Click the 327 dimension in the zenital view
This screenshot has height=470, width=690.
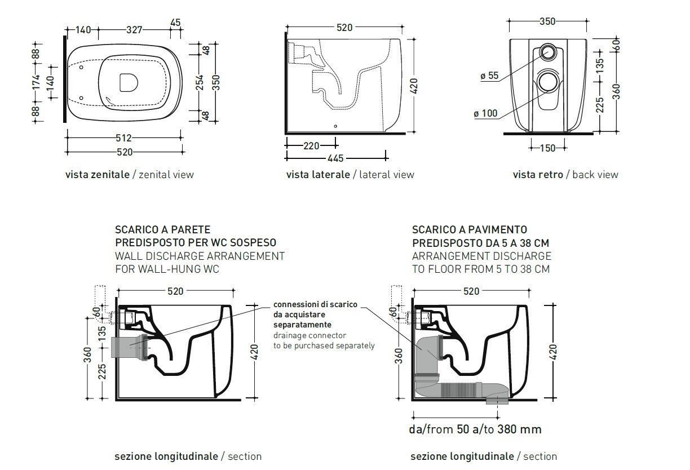point(134,30)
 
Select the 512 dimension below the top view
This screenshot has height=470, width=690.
point(124,138)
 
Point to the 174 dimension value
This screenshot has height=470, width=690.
point(36,82)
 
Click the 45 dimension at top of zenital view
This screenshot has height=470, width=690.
point(175,23)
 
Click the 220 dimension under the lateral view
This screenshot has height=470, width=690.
point(311,146)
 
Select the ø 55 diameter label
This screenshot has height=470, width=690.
point(489,76)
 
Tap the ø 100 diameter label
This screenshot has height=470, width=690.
point(485,114)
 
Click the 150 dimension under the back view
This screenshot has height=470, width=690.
point(547,148)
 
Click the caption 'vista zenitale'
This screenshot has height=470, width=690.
point(98,175)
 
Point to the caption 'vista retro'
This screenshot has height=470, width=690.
point(538,175)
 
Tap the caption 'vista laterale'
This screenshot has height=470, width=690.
point(318,175)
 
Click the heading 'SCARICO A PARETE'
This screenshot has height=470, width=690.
point(162,230)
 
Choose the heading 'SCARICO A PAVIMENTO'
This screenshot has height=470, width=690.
point(470,230)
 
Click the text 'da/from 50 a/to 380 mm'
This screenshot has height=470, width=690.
point(475,429)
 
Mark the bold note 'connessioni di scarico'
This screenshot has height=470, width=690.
point(315,304)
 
